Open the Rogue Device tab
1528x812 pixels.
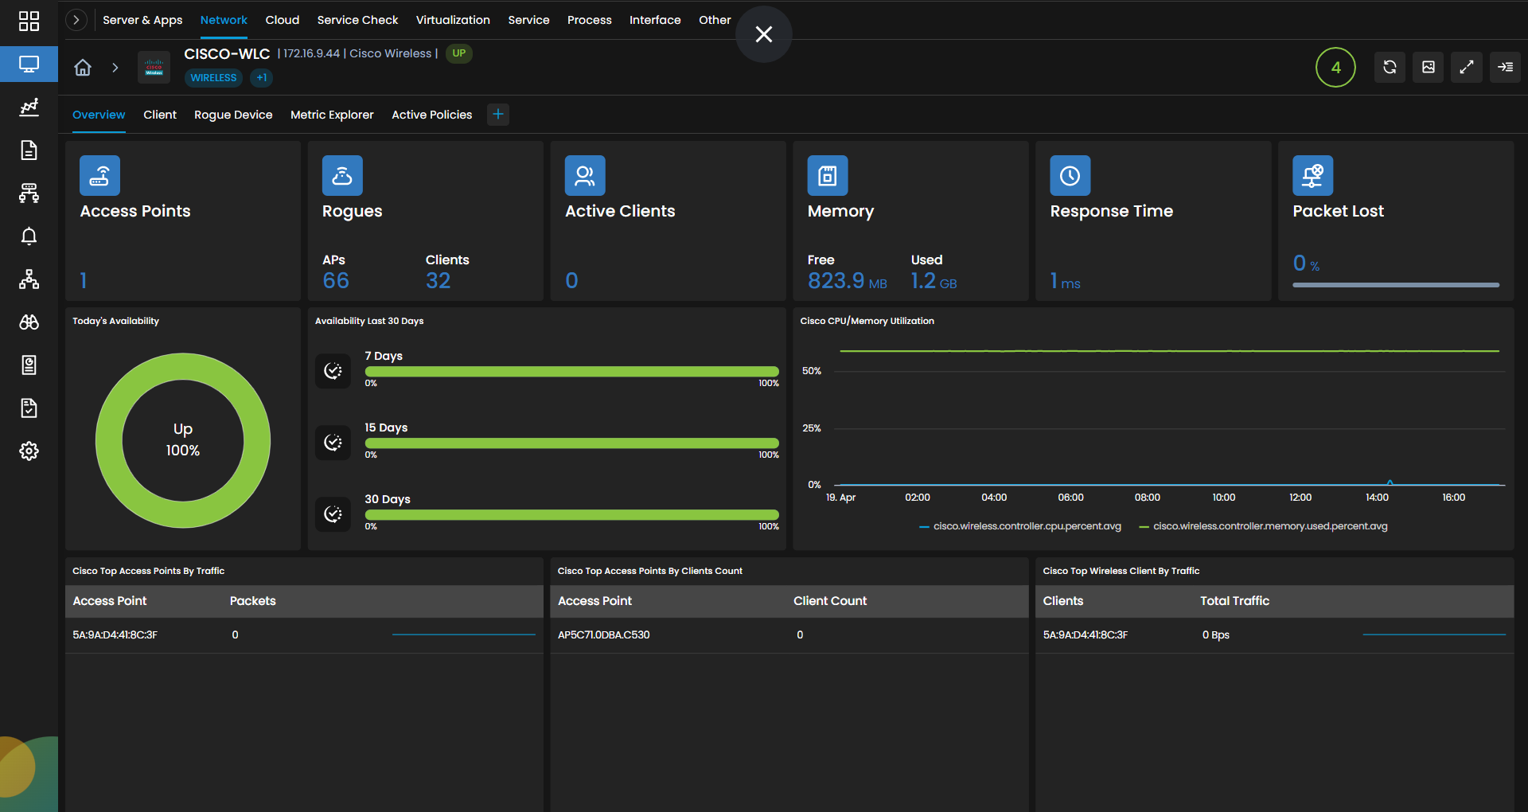[x=233, y=115]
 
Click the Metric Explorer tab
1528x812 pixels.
[x=332, y=115]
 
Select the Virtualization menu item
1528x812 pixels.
[x=453, y=20]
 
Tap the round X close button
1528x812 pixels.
[x=764, y=34]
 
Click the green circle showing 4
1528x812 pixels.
[x=1335, y=68]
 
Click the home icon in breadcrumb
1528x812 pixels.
[x=83, y=68]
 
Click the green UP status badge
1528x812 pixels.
[x=459, y=53]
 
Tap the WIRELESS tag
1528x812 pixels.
[x=213, y=78]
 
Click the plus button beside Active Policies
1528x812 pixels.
[x=498, y=115]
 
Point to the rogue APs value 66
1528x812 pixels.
[x=336, y=280]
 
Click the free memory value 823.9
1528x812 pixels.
[x=836, y=280]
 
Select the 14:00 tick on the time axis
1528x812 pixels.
[x=1377, y=498]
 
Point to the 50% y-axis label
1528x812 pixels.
[x=812, y=371]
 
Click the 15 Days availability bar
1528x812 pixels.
[x=571, y=443]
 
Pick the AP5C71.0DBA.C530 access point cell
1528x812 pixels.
[x=604, y=635]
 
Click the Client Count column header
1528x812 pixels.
[x=830, y=601]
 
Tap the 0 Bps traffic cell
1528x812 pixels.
[x=1216, y=635]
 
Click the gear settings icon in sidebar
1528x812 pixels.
[x=29, y=451]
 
